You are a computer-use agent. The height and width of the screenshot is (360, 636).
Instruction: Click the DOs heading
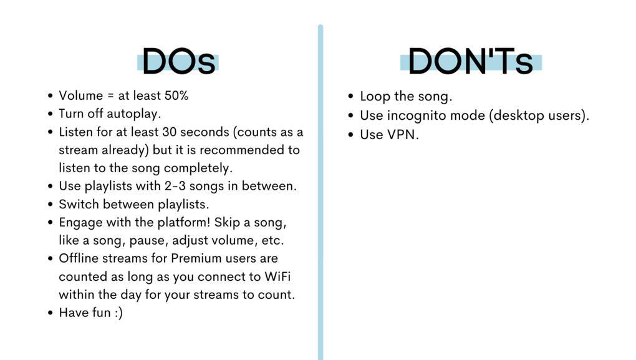click(178, 62)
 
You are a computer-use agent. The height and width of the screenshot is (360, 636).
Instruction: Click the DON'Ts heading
click(471, 62)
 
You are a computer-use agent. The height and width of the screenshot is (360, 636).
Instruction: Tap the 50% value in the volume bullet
click(176, 95)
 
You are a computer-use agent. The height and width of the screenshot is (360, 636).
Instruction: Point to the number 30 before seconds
click(169, 132)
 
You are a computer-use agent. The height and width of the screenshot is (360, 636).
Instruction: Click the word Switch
click(80, 204)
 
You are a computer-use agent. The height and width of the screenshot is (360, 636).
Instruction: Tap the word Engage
click(80, 223)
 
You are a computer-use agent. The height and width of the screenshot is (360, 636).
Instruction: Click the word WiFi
click(277, 276)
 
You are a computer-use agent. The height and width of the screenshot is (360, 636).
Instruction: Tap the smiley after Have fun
click(118, 313)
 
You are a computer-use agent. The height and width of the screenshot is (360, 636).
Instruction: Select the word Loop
click(375, 97)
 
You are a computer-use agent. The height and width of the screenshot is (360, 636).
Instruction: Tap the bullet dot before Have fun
click(51, 313)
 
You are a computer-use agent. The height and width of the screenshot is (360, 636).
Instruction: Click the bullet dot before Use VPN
click(351, 135)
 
